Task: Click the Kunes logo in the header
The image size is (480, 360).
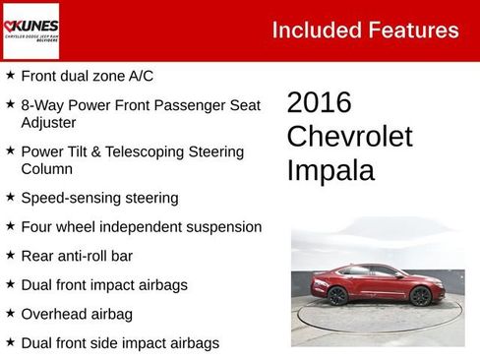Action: (30, 30)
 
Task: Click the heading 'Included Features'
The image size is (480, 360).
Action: (365, 30)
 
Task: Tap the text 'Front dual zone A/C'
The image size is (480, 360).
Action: (87, 76)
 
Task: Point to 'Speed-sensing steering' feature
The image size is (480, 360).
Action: (99, 198)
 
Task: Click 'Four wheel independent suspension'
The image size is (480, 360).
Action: (141, 227)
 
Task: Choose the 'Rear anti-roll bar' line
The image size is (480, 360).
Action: (76, 256)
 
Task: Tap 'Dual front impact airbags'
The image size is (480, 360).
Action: (103, 285)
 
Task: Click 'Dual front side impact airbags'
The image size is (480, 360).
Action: (119, 343)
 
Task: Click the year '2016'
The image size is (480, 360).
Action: (319, 102)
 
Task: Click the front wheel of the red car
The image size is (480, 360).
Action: (421, 296)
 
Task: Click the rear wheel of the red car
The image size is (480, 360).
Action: (337, 295)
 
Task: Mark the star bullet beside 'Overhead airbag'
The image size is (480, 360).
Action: (10, 314)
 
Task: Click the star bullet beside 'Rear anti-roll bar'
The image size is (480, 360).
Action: (10, 256)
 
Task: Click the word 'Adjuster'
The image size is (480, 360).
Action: (49, 123)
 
